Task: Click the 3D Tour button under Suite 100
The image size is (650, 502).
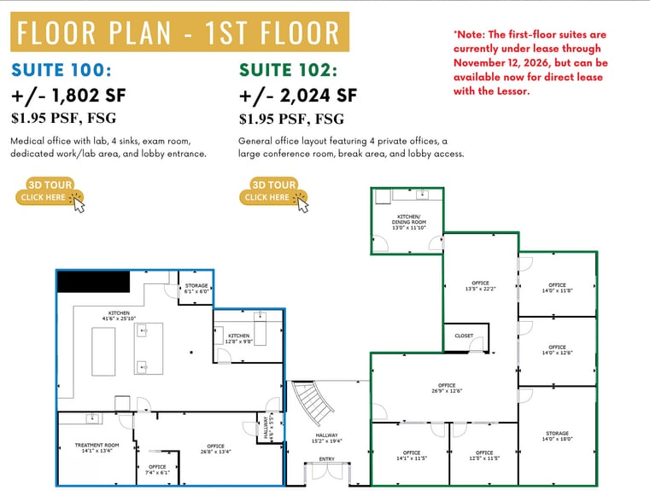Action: (50, 191)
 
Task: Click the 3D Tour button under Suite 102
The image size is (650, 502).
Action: (273, 191)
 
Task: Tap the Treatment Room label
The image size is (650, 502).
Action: (97, 447)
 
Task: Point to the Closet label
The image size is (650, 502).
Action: (464, 336)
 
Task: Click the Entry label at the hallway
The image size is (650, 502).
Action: (327, 458)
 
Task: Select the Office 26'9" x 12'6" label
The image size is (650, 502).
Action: (446, 388)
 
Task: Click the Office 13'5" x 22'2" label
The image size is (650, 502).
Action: (480, 286)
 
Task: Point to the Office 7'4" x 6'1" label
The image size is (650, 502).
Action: (157, 469)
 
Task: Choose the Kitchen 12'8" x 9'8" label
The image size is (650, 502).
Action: (238, 338)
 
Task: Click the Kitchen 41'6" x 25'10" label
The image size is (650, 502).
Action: (119, 316)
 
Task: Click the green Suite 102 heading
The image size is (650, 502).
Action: (288, 70)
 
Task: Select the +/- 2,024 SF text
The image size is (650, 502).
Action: (297, 95)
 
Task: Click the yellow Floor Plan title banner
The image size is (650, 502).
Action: (179, 32)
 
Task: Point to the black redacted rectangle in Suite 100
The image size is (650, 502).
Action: (93, 281)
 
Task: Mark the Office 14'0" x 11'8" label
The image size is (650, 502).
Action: (557, 289)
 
